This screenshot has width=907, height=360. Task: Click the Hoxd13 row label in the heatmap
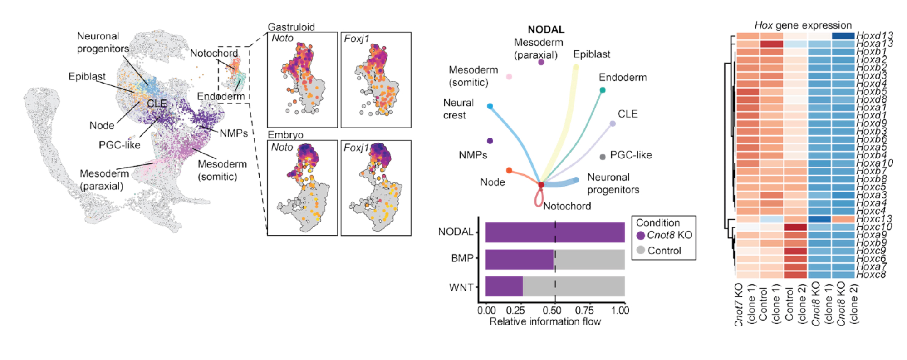[x=874, y=35]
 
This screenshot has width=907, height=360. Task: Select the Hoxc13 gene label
[x=874, y=219]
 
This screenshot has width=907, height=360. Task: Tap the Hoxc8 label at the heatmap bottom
[x=871, y=275]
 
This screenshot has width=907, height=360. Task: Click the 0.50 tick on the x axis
[x=552, y=311]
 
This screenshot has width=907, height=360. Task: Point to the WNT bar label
[x=461, y=287]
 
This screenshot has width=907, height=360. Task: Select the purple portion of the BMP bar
[x=520, y=259]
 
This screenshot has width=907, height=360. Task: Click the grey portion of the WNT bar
[x=574, y=286]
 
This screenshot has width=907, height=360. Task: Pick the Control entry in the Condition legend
[x=664, y=251]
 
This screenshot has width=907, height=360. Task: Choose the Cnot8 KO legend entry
[x=669, y=235]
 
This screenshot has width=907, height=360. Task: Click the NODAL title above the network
[x=546, y=30]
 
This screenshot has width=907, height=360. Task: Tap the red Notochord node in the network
[x=541, y=185]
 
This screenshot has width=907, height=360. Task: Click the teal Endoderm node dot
[x=603, y=90]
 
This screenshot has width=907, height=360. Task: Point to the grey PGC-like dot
[x=603, y=157]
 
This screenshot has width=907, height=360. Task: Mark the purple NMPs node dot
[x=490, y=141]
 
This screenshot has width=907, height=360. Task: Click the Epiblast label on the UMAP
[x=87, y=76]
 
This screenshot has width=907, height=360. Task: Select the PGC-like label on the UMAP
[x=119, y=145]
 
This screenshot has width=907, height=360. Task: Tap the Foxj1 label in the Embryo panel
[x=356, y=148]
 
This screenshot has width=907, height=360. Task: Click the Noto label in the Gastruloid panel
[x=282, y=39]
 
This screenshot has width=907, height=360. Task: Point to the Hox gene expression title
[x=803, y=25]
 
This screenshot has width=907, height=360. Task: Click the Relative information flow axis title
[x=545, y=322]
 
